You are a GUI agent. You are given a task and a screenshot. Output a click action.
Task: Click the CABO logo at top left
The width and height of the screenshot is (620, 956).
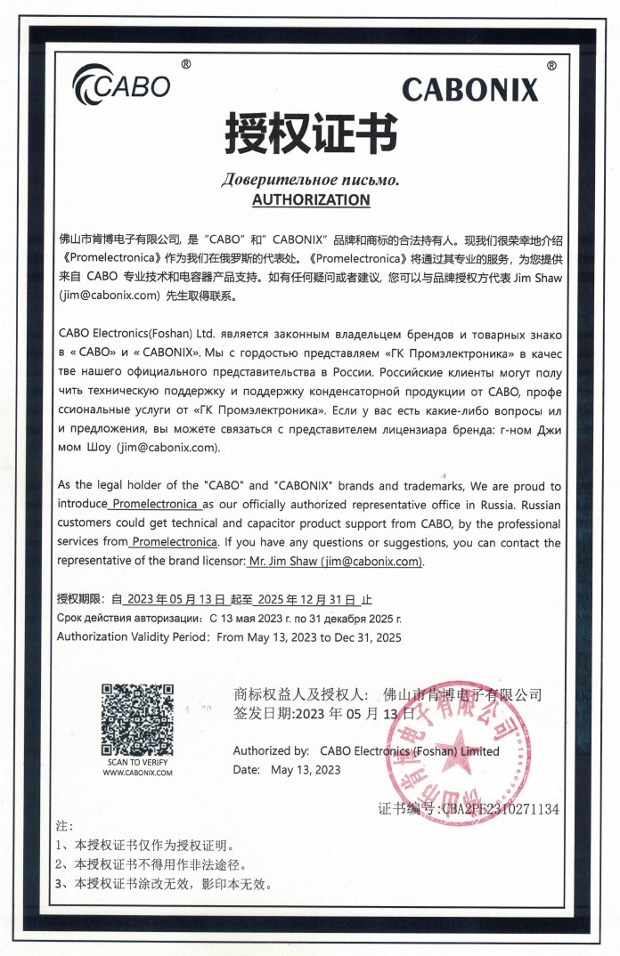tap(121, 84)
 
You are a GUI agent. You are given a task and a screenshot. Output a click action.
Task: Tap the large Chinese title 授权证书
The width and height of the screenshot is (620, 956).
tap(310, 134)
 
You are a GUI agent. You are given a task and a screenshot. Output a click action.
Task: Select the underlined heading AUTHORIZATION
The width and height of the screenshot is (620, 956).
tap(310, 199)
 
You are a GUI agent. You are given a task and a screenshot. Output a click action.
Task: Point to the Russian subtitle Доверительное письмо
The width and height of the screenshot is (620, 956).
tap(310, 180)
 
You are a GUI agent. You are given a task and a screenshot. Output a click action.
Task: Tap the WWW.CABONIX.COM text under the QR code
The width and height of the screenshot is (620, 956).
tap(137, 773)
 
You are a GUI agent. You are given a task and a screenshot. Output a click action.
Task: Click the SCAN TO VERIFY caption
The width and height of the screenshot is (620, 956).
tap(137, 762)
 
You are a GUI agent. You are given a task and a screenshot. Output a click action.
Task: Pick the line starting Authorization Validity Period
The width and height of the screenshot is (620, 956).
tap(229, 636)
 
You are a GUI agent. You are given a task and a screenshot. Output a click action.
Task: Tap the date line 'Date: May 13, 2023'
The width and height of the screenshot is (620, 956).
tap(287, 769)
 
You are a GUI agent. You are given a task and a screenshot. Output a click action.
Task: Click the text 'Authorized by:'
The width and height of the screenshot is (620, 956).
tap(271, 750)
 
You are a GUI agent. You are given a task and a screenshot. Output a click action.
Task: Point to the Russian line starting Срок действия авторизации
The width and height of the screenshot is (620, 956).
tap(229, 618)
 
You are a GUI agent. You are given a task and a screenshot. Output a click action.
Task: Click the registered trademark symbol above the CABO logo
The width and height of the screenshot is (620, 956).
tap(185, 64)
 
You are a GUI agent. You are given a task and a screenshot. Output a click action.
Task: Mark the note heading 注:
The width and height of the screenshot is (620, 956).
tap(65, 826)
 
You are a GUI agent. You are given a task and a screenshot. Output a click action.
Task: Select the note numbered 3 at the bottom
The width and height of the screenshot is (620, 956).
tap(163, 884)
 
